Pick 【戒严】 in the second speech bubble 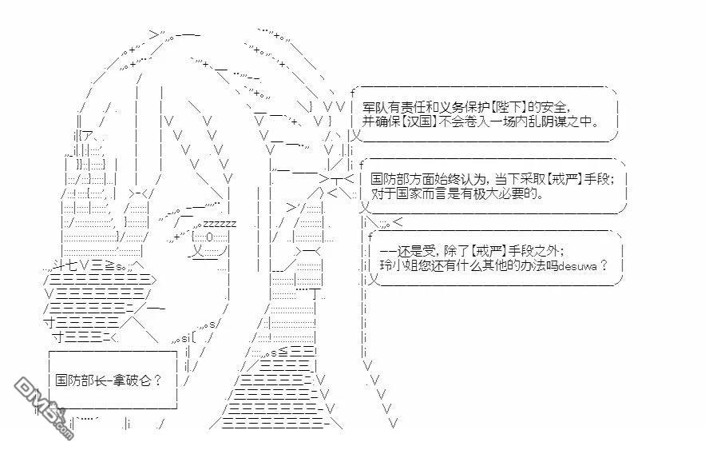click(564, 179)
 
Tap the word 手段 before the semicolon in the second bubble click(596, 179)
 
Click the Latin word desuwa click(577, 266)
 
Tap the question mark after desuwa click(604, 265)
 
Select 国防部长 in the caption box click(81, 380)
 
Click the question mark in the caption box click(157, 380)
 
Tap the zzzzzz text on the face click(220, 224)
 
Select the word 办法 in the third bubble click(533, 265)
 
